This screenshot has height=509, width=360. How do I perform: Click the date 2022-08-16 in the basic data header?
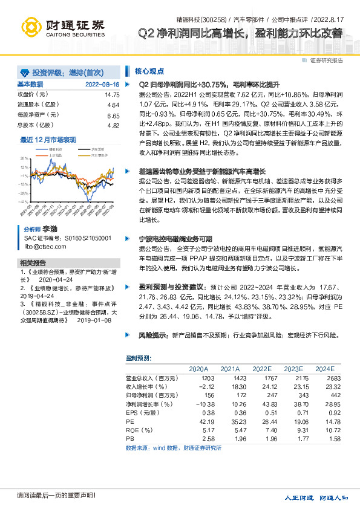point(102,85)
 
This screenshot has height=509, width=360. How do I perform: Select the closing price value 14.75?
point(112,95)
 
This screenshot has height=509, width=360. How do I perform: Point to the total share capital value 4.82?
point(113,125)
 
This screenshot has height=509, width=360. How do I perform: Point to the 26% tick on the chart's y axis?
point(25,158)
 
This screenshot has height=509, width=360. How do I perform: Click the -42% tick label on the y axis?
point(24,202)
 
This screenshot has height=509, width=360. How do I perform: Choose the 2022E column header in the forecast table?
point(261,369)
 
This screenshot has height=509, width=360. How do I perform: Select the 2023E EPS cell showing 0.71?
point(293,412)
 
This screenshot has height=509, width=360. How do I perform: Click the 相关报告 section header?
point(33,263)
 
